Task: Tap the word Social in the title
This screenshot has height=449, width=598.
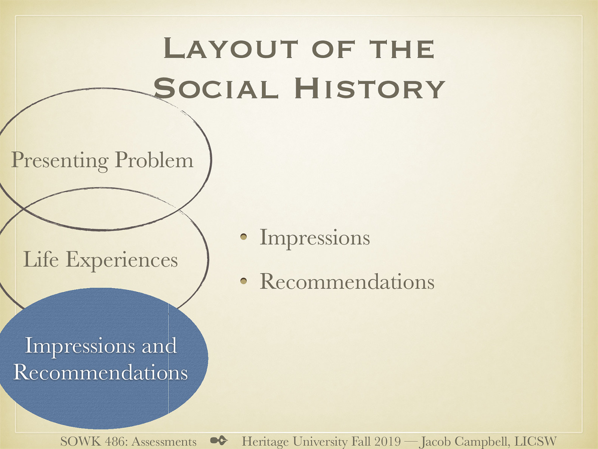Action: (216, 89)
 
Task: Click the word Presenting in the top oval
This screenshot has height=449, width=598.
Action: (60, 160)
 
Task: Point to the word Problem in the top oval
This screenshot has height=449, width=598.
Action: (154, 160)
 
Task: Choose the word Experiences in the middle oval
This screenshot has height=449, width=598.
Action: (122, 260)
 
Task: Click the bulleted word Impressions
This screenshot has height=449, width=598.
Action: (315, 237)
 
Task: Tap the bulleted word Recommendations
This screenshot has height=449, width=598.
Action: (347, 281)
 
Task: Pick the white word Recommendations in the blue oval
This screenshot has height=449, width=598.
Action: (100, 372)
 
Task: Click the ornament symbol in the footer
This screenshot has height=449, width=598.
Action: (219, 440)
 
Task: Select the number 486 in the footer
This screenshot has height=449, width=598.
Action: (115, 442)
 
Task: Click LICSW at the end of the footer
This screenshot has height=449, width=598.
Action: (536, 441)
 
